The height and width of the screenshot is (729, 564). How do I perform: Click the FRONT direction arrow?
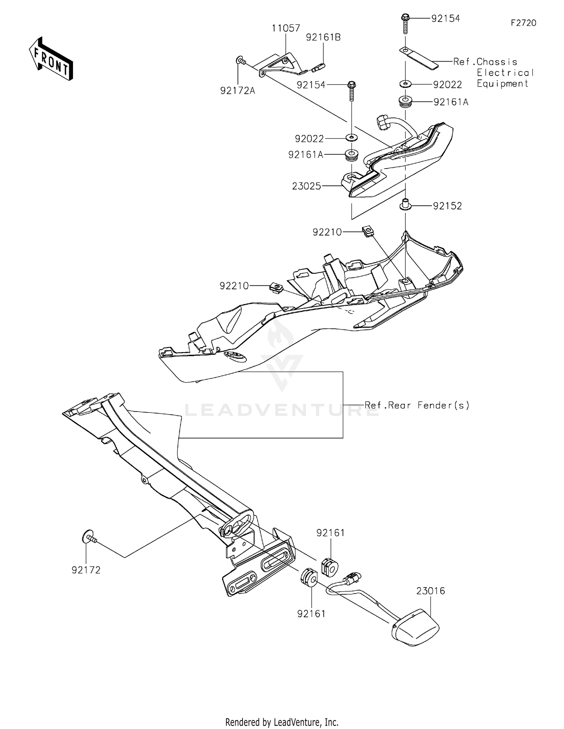coord(51,59)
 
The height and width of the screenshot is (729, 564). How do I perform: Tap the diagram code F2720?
coord(523,23)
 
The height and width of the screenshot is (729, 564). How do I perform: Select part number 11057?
coord(286,28)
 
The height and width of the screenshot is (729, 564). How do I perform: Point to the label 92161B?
coord(323,38)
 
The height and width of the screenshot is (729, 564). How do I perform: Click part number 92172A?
coord(238,91)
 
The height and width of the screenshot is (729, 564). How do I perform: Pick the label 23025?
coord(306,186)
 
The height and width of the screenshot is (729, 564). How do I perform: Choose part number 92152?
coord(447,206)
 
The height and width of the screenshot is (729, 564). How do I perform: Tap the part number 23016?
coord(431,591)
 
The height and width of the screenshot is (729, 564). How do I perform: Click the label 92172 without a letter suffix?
coord(86,570)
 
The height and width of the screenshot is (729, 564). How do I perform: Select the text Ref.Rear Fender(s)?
coord(417,405)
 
